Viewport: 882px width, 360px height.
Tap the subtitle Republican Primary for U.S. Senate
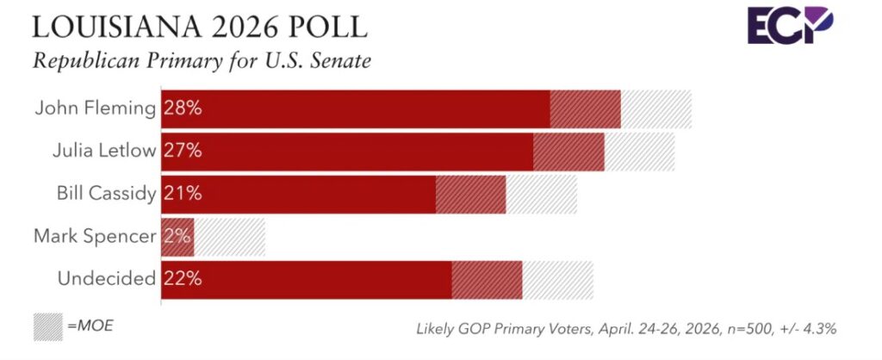pyautogui.click(x=202, y=62)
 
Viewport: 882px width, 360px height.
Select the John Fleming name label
pyautogui.click(x=96, y=109)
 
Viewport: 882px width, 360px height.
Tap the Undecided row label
pyautogui.click(x=106, y=278)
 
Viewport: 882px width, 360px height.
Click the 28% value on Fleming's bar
pyautogui.click(x=183, y=109)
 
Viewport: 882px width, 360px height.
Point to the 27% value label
pyautogui.click(x=183, y=151)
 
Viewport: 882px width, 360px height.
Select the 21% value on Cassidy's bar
pyautogui.click(x=183, y=193)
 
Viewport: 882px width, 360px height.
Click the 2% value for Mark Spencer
pyautogui.click(x=177, y=235)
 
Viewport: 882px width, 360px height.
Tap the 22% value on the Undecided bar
pyautogui.click(x=183, y=278)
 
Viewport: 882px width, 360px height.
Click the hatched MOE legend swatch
pyautogui.click(x=47, y=326)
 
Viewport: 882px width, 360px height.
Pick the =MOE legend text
pyautogui.click(x=90, y=326)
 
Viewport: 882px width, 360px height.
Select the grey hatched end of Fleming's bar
pyautogui.click(x=655, y=109)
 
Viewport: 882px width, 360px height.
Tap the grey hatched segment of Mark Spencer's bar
pyautogui.click(x=230, y=235)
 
